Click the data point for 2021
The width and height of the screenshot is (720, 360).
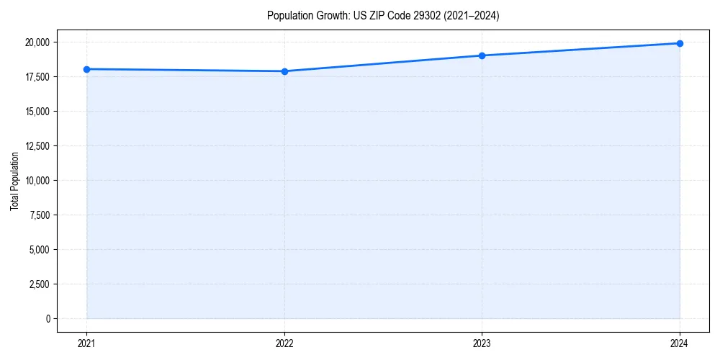click(86, 69)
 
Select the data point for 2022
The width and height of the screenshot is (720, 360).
click(284, 71)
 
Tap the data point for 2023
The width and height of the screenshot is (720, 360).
click(482, 55)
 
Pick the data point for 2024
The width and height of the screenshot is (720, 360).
click(680, 43)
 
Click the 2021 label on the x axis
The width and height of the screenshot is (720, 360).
click(86, 343)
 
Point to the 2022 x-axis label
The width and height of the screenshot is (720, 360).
click(284, 343)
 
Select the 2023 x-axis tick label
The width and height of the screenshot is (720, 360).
click(482, 343)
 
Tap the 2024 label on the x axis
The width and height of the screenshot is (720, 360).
click(680, 343)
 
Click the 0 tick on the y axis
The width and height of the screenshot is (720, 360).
click(48, 319)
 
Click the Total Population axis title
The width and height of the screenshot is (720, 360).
click(14, 181)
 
